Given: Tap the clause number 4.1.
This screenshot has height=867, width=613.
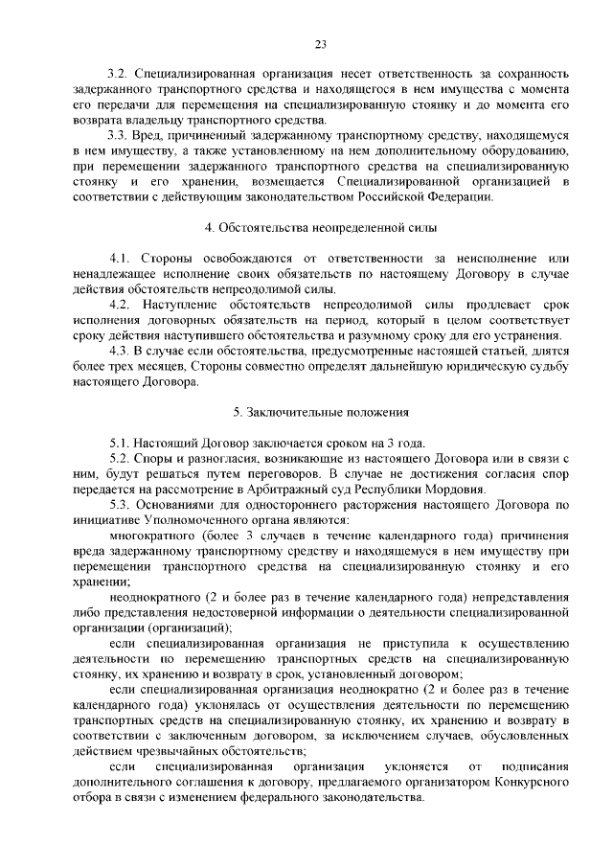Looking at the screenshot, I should (x=120, y=259).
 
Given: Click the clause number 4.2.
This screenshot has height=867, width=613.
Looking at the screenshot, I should (x=120, y=305).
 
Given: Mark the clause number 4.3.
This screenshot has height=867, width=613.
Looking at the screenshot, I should (x=120, y=351).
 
